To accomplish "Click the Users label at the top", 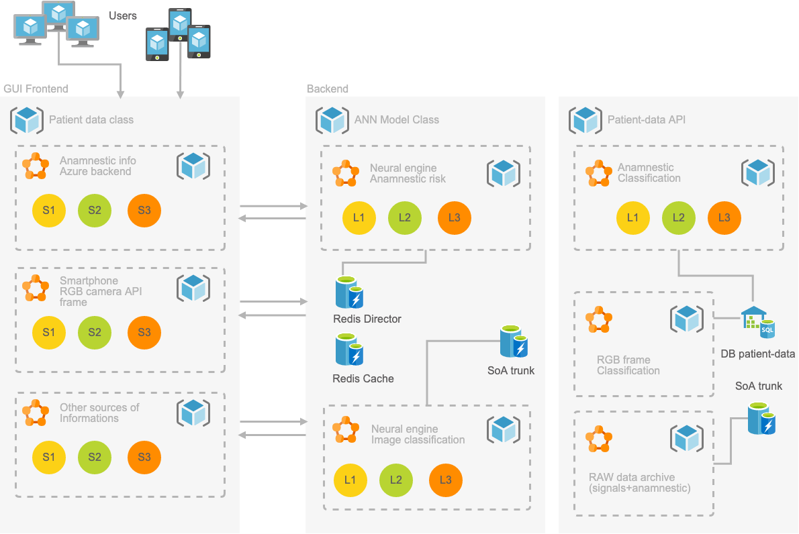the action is pyautogui.click(x=123, y=16).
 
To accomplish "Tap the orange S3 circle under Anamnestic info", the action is pyautogui.click(x=144, y=210).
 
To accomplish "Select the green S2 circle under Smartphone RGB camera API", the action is pyautogui.click(x=95, y=333).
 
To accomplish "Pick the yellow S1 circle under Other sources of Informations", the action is pyautogui.click(x=49, y=457).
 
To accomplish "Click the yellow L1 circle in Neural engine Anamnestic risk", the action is pyautogui.click(x=359, y=218).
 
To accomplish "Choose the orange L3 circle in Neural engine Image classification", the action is pyautogui.click(x=445, y=480).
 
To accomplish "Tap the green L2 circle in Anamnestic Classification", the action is pyautogui.click(x=679, y=218).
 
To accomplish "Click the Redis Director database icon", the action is pyautogui.click(x=349, y=292).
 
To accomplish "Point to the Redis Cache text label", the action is pyautogui.click(x=363, y=379).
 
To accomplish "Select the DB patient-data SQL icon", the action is pyautogui.click(x=758, y=322).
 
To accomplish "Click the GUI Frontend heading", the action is pyautogui.click(x=36, y=89).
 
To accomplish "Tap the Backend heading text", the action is pyautogui.click(x=328, y=89).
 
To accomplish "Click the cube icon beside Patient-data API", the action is pyautogui.click(x=585, y=121).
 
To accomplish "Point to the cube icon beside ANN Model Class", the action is pyautogui.click(x=332, y=121).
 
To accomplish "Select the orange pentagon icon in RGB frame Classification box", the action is pyautogui.click(x=599, y=319).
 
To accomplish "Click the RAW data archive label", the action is pyautogui.click(x=639, y=482).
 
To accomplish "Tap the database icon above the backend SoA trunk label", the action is pyautogui.click(x=514, y=341).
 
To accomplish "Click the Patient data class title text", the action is pyautogui.click(x=91, y=119).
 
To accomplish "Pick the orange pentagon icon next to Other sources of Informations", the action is pyautogui.click(x=36, y=413).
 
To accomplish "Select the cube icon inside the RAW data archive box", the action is pyautogui.click(x=687, y=438).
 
